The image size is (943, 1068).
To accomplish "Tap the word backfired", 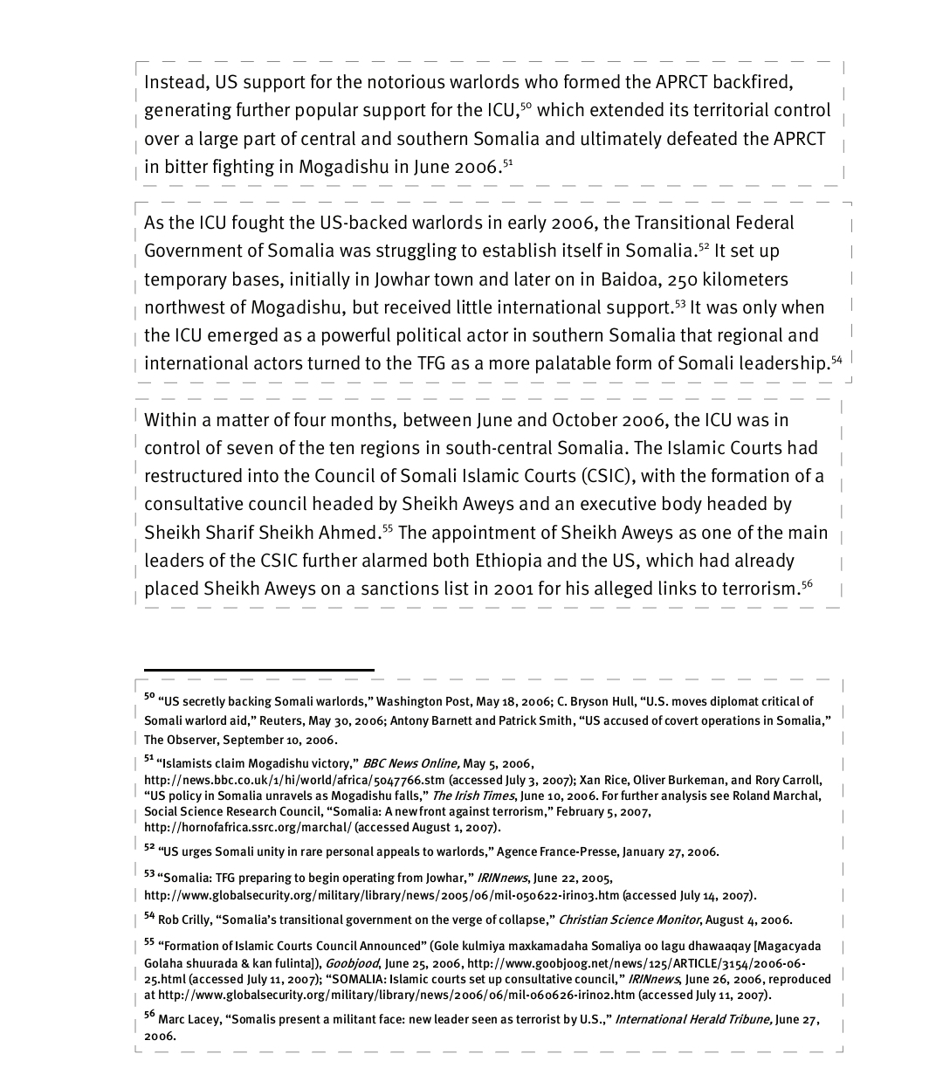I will pyautogui.click(x=752, y=82).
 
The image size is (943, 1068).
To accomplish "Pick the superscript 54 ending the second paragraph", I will pyautogui.click(x=836, y=359).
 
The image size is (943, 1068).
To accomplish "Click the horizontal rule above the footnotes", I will pyautogui.click(x=258, y=670).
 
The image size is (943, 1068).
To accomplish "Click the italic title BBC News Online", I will pyautogui.click(x=410, y=763).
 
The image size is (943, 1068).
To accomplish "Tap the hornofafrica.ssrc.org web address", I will pyautogui.click(x=248, y=827).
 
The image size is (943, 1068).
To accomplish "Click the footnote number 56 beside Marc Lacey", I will pyautogui.click(x=149, y=1015).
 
